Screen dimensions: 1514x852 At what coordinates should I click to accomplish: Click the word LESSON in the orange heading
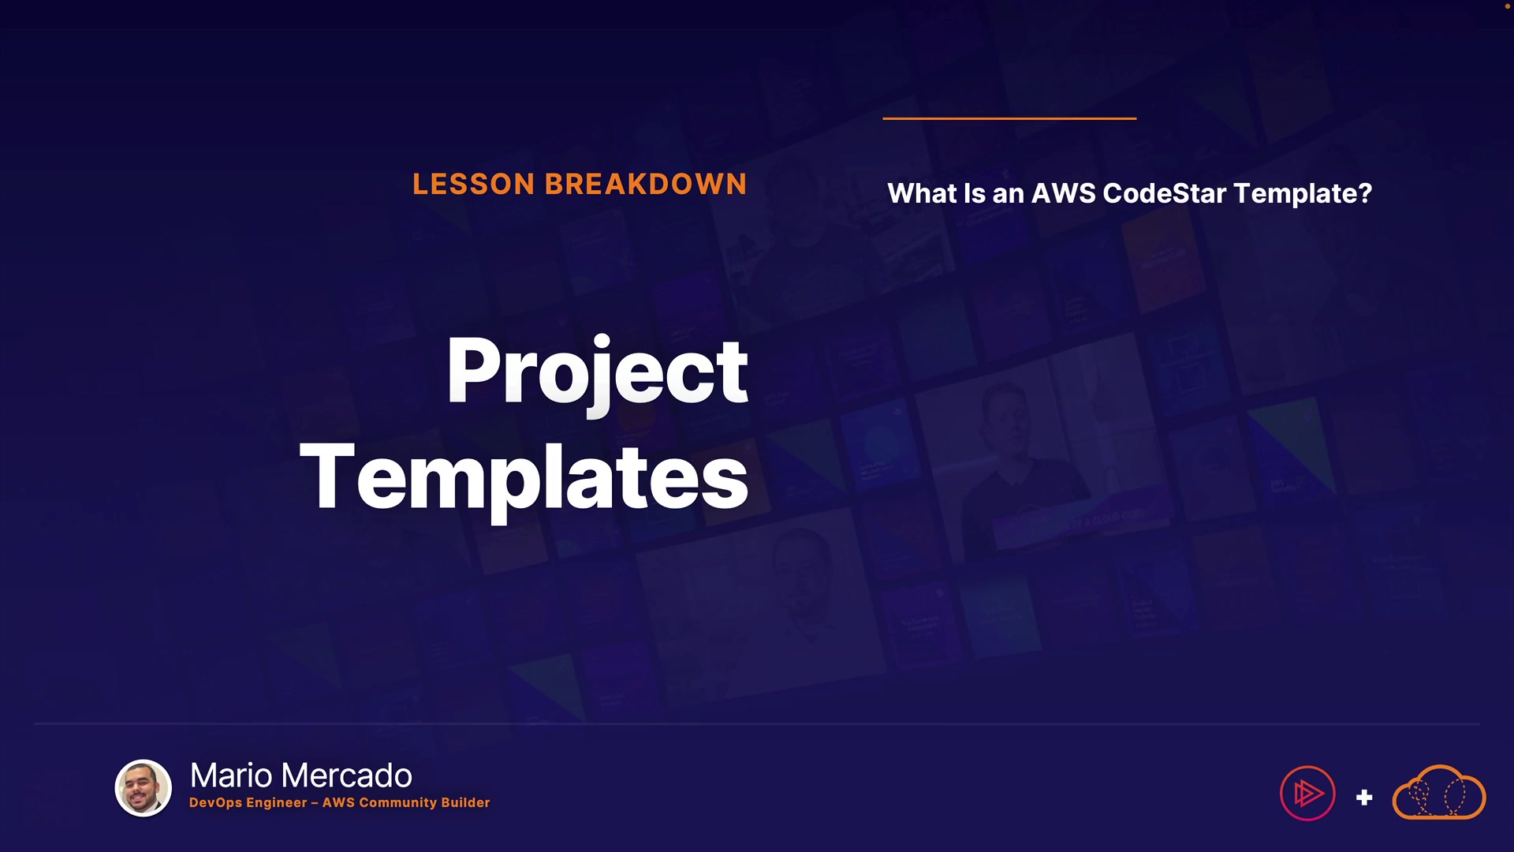(474, 185)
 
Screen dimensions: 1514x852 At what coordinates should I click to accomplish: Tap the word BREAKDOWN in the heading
(646, 185)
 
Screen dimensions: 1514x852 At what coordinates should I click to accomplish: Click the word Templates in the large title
(524, 478)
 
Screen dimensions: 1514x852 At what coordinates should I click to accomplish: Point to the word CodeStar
(1164, 193)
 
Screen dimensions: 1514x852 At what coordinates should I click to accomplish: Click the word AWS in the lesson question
(1064, 193)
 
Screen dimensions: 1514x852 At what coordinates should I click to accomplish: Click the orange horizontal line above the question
(1009, 118)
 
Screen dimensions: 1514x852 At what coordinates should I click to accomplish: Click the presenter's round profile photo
(144, 788)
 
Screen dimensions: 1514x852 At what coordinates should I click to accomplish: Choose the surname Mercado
(346, 775)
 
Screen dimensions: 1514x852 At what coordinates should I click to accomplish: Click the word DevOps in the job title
(215, 803)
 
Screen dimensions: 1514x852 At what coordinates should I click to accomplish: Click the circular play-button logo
(1307, 793)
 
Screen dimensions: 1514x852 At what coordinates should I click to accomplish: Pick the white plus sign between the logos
(1364, 798)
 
